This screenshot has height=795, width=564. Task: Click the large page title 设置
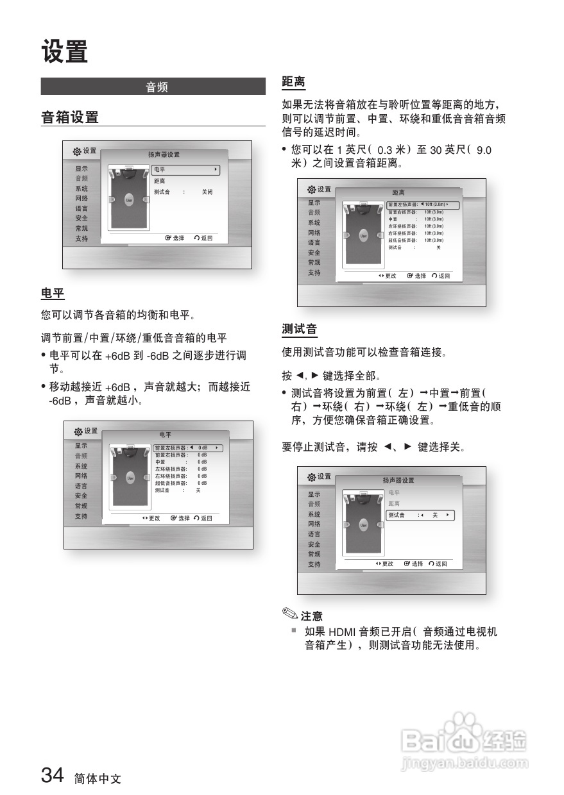64,51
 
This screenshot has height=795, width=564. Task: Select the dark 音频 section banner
153,87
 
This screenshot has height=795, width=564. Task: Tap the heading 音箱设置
70,117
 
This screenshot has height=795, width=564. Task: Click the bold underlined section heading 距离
293,82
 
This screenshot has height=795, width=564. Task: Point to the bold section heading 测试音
300,330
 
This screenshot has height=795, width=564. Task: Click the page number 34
53,776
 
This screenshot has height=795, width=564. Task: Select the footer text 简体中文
97,778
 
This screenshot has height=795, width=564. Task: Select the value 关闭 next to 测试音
207,192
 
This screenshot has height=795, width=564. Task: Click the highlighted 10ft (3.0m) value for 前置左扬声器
434,205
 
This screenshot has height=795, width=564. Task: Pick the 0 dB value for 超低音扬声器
202,483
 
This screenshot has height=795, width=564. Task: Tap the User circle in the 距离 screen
363,236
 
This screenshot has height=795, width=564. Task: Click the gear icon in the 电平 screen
78,431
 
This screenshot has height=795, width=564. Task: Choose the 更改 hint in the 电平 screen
151,518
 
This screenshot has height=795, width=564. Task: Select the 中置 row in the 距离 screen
393,219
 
